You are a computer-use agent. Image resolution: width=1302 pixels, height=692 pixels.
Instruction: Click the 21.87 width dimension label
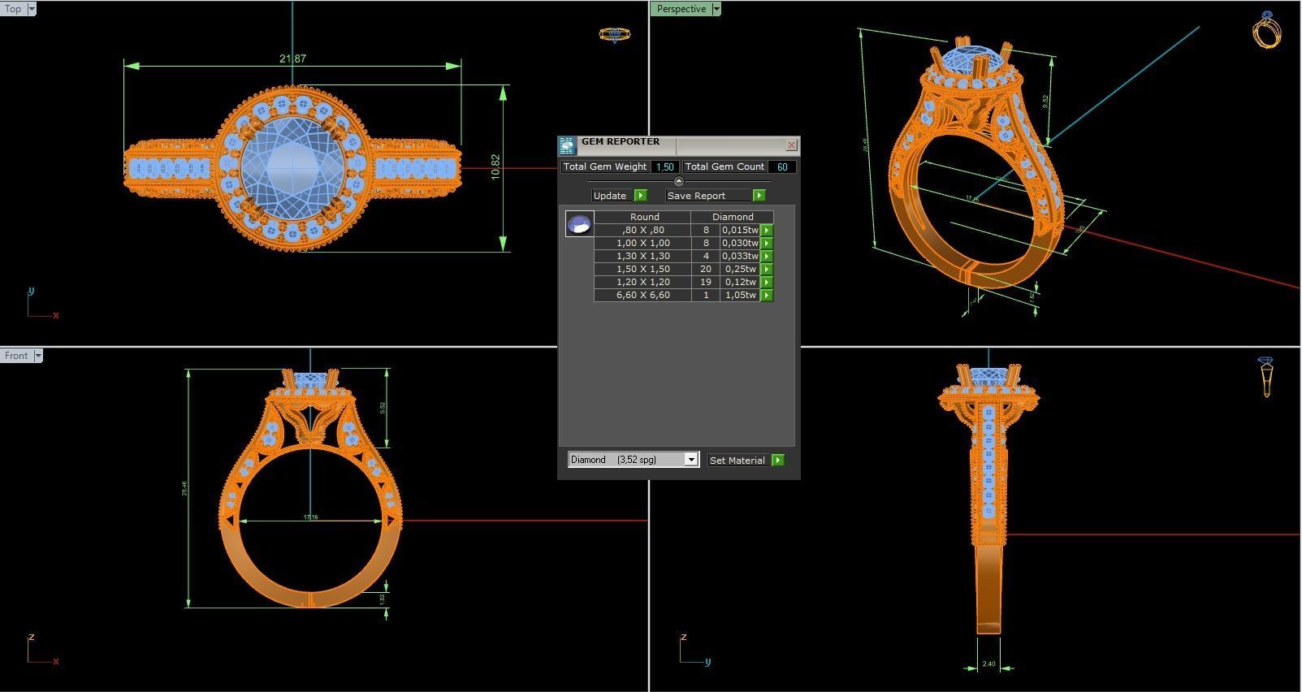(292, 58)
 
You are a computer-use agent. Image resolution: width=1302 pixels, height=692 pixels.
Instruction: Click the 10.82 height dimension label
(495, 167)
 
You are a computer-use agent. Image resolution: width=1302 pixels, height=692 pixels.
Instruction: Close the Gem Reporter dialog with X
(791, 145)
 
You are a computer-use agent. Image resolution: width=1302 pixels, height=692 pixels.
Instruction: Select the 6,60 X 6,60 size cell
(642, 295)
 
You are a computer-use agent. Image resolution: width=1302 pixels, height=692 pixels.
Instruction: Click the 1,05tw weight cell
(740, 295)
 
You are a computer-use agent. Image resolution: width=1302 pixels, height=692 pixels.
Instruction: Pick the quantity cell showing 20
(705, 269)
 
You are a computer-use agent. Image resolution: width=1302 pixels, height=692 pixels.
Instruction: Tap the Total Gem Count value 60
(782, 167)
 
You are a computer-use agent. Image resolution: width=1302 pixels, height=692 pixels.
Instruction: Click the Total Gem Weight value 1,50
(664, 167)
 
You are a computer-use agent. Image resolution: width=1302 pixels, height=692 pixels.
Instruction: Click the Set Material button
(738, 460)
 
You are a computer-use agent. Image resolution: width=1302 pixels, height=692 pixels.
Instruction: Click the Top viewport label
(13, 9)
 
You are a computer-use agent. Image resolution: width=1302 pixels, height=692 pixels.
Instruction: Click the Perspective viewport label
(681, 9)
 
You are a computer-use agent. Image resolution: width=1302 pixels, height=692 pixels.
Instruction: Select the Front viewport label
(15, 356)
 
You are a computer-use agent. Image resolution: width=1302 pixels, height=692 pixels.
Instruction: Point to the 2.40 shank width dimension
(988, 664)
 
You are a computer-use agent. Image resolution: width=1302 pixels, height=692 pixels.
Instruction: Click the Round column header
(644, 217)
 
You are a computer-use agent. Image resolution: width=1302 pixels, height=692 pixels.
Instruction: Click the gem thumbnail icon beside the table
(579, 224)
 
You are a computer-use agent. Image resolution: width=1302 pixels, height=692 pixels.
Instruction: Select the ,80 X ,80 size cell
(642, 230)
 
